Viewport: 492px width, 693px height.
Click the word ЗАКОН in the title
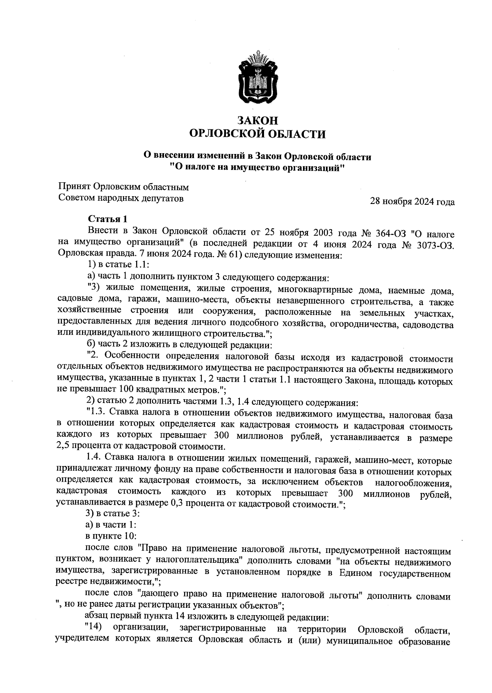pos(258,120)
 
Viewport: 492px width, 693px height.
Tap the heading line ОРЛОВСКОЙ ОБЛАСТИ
pos(258,134)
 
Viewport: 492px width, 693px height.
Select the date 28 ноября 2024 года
pos(412,202)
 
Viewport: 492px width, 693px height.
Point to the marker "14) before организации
pos(93,628)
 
